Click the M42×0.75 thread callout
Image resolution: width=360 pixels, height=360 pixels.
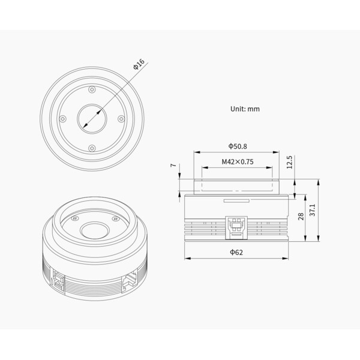[237, 161]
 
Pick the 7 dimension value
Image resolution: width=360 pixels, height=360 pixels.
[173, 165]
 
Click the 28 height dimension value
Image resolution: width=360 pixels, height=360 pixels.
[301, 216]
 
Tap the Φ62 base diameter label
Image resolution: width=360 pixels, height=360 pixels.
[236, 253]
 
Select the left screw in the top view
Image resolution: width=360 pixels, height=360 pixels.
[62, 119]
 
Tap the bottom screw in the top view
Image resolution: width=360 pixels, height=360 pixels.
[91, 148]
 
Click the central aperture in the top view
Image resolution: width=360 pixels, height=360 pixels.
[91, 119]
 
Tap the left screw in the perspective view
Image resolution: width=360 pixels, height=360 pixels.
[74, 218]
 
